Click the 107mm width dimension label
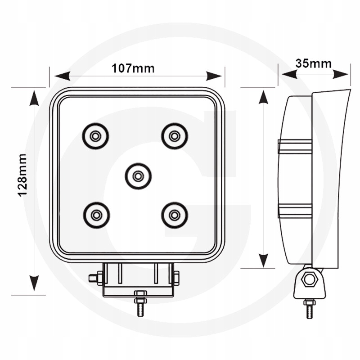coord(133,68)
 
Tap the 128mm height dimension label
coord(22,175)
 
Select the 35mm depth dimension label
coord(314,63)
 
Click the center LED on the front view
coord(138,176)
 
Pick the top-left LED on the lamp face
coord(95,136)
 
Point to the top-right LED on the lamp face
coord(175,136)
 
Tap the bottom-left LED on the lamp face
coord(96,215)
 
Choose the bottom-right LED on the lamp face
coord(175,215)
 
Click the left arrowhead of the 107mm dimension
coord(62,76)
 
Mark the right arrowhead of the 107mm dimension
coord(214,76)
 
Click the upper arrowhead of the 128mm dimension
coord(34,98)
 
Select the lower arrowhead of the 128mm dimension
coord(34,283)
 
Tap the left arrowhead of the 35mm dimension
coord(289,74)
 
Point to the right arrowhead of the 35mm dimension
coord(341,74)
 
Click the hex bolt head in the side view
coord(310,279)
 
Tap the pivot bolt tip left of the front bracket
coord(93,278)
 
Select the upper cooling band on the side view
coord(295,146)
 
